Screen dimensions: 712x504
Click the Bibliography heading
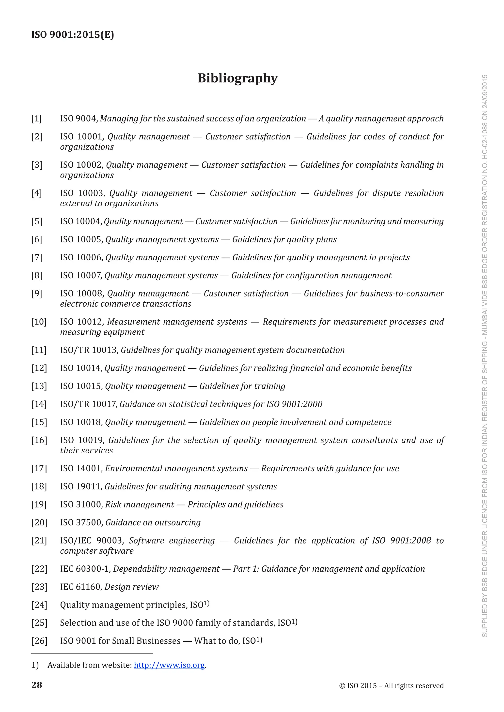(x=237, y=78)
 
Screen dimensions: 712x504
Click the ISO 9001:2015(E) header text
(x=73, y=34)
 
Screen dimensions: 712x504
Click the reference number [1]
(x=37, y=119)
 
